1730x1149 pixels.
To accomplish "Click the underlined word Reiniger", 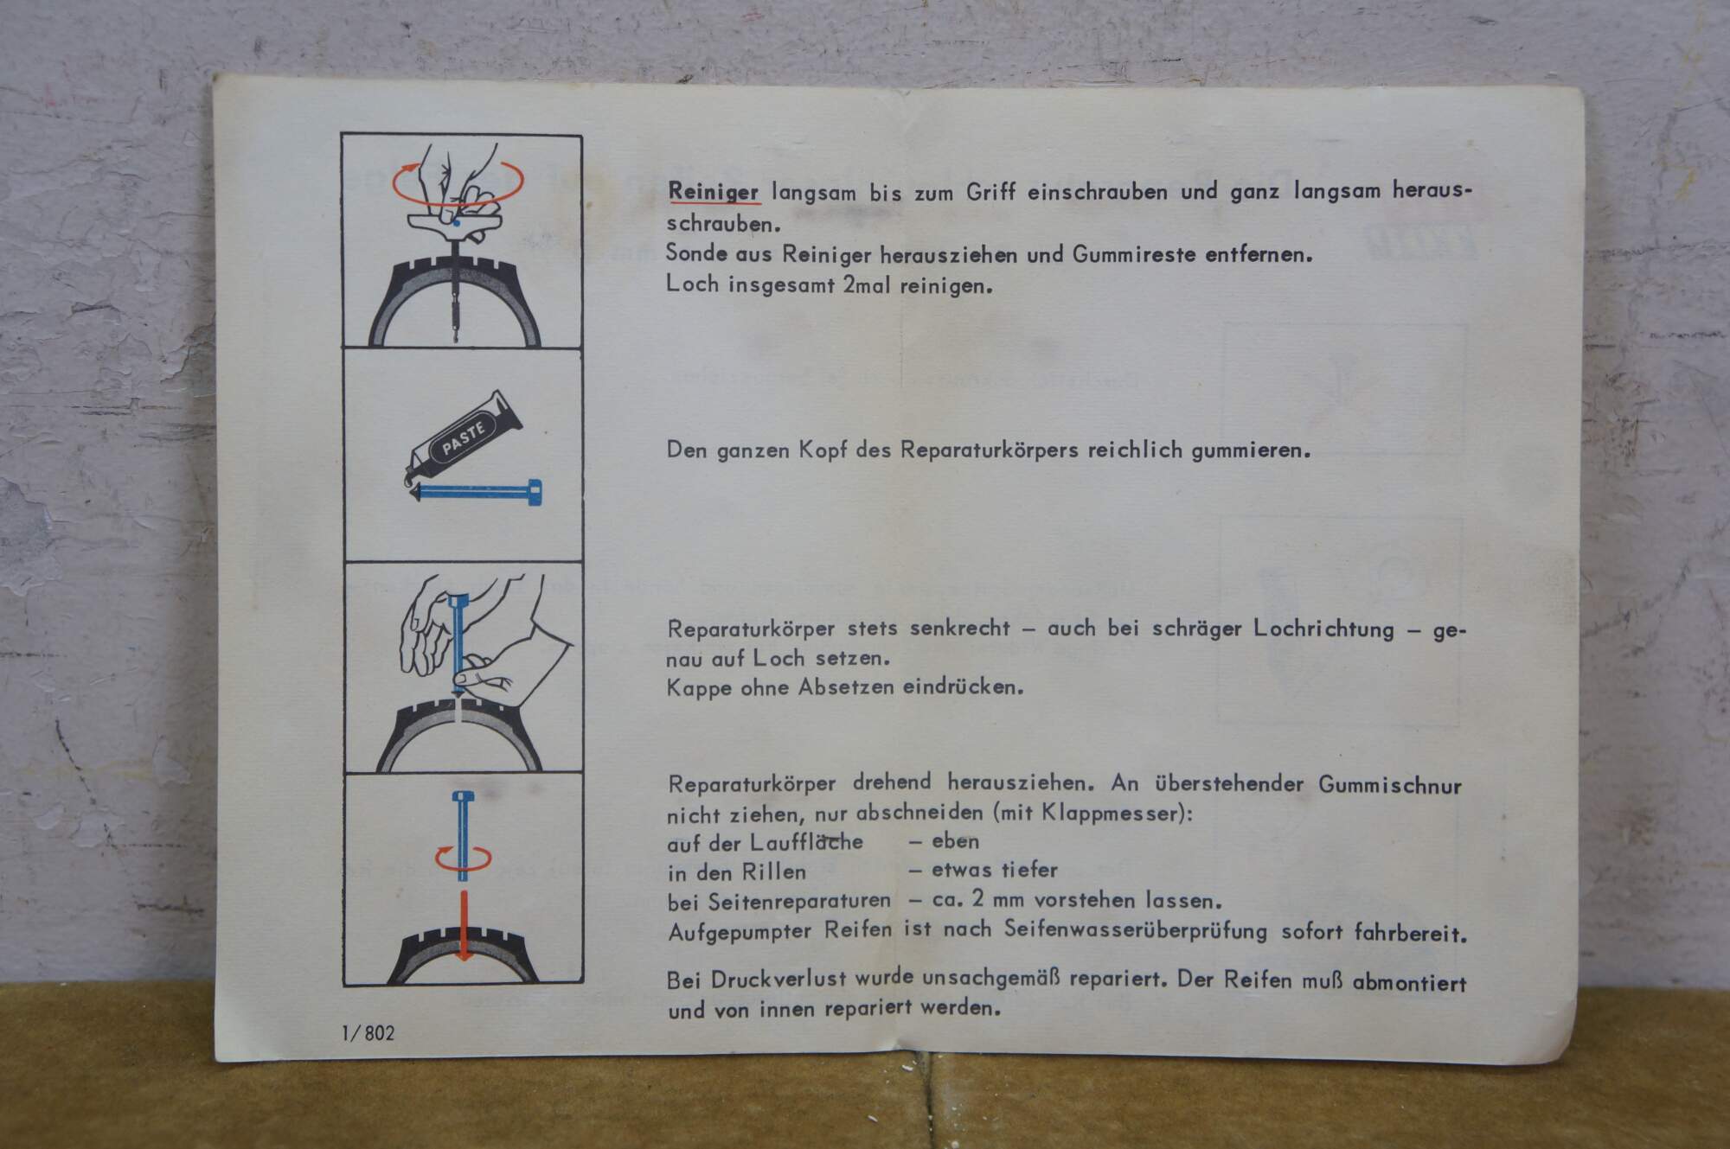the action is click(714, 192).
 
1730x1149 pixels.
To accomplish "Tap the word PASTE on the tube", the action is click(463, 437).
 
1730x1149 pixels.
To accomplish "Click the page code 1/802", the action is click(368, 1033).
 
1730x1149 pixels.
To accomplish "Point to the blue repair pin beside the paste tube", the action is click(476, 492).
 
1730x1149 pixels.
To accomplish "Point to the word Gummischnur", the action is click(1390, 785).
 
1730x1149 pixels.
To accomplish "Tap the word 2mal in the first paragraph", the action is click(868, 284).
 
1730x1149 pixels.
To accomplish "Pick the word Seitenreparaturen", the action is click(799, 901).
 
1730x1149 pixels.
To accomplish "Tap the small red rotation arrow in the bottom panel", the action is click(463, 859).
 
